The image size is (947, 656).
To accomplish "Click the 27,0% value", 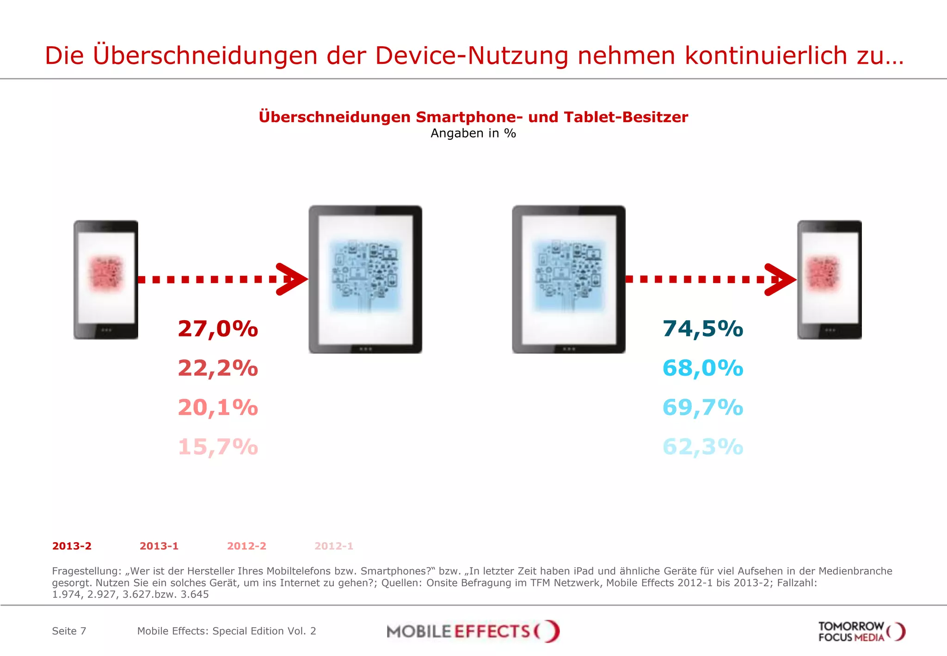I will pos(218,329).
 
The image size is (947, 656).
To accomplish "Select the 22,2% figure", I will pos(218,368).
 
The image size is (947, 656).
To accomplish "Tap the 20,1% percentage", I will pos(218,408).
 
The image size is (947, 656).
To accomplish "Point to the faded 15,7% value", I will pos(218,447).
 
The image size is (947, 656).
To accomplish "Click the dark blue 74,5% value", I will pos(703,329).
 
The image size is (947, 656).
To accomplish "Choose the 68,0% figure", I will pos(703,368).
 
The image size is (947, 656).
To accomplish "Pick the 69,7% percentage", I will pos(703,408).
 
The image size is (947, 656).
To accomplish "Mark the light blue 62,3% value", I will pos(703,447).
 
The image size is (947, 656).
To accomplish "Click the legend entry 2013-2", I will pos(72,546).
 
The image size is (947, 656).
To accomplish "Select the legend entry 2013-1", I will pos(159,546).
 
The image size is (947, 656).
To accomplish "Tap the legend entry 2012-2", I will pos(246,546).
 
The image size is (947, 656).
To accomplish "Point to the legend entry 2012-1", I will pos(334,546).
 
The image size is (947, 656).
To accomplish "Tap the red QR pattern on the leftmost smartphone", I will pos(106,274).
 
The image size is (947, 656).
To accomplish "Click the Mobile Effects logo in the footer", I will pos(473,631).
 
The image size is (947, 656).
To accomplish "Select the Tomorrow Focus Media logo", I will pos(861,631).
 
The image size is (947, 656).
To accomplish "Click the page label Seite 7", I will pos(69,631).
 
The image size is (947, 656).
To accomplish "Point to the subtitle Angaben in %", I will pos(473,133).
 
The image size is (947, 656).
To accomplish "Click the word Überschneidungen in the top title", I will pos(205,56).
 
